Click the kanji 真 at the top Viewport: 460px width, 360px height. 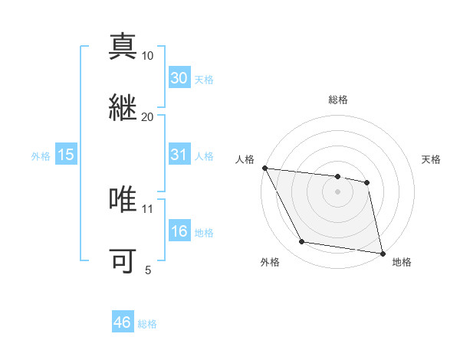tap(123, 46)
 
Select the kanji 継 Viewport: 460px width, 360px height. tap(123, 106)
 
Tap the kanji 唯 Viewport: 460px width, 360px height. tap(123, 199)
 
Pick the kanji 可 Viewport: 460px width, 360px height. tap(123, 260)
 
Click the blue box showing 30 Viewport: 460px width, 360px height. tap(179, 77)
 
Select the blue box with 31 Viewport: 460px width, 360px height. tap(179, 154)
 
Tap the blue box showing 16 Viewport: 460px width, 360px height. tap(179, 231)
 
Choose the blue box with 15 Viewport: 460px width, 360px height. tap(66, 155)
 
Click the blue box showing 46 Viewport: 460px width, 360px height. tap(123, 322)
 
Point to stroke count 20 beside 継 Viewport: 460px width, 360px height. tap(147, 116)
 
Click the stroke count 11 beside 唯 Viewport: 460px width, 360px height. tap(147, 208)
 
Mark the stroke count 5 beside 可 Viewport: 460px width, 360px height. tap(148, 270)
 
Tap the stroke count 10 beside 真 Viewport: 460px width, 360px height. tap(147, 56)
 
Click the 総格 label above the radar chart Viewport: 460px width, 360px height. tap(338, 100)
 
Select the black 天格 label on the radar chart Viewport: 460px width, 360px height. tap(432, 160)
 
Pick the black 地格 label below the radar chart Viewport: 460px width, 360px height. tap(401, 263)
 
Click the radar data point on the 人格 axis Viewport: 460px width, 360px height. tap(264, 168)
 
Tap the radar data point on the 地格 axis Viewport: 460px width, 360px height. tap(382, 253)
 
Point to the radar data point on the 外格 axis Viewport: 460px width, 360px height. tap(302, 243)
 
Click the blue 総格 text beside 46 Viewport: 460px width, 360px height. tap(147, 324)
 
